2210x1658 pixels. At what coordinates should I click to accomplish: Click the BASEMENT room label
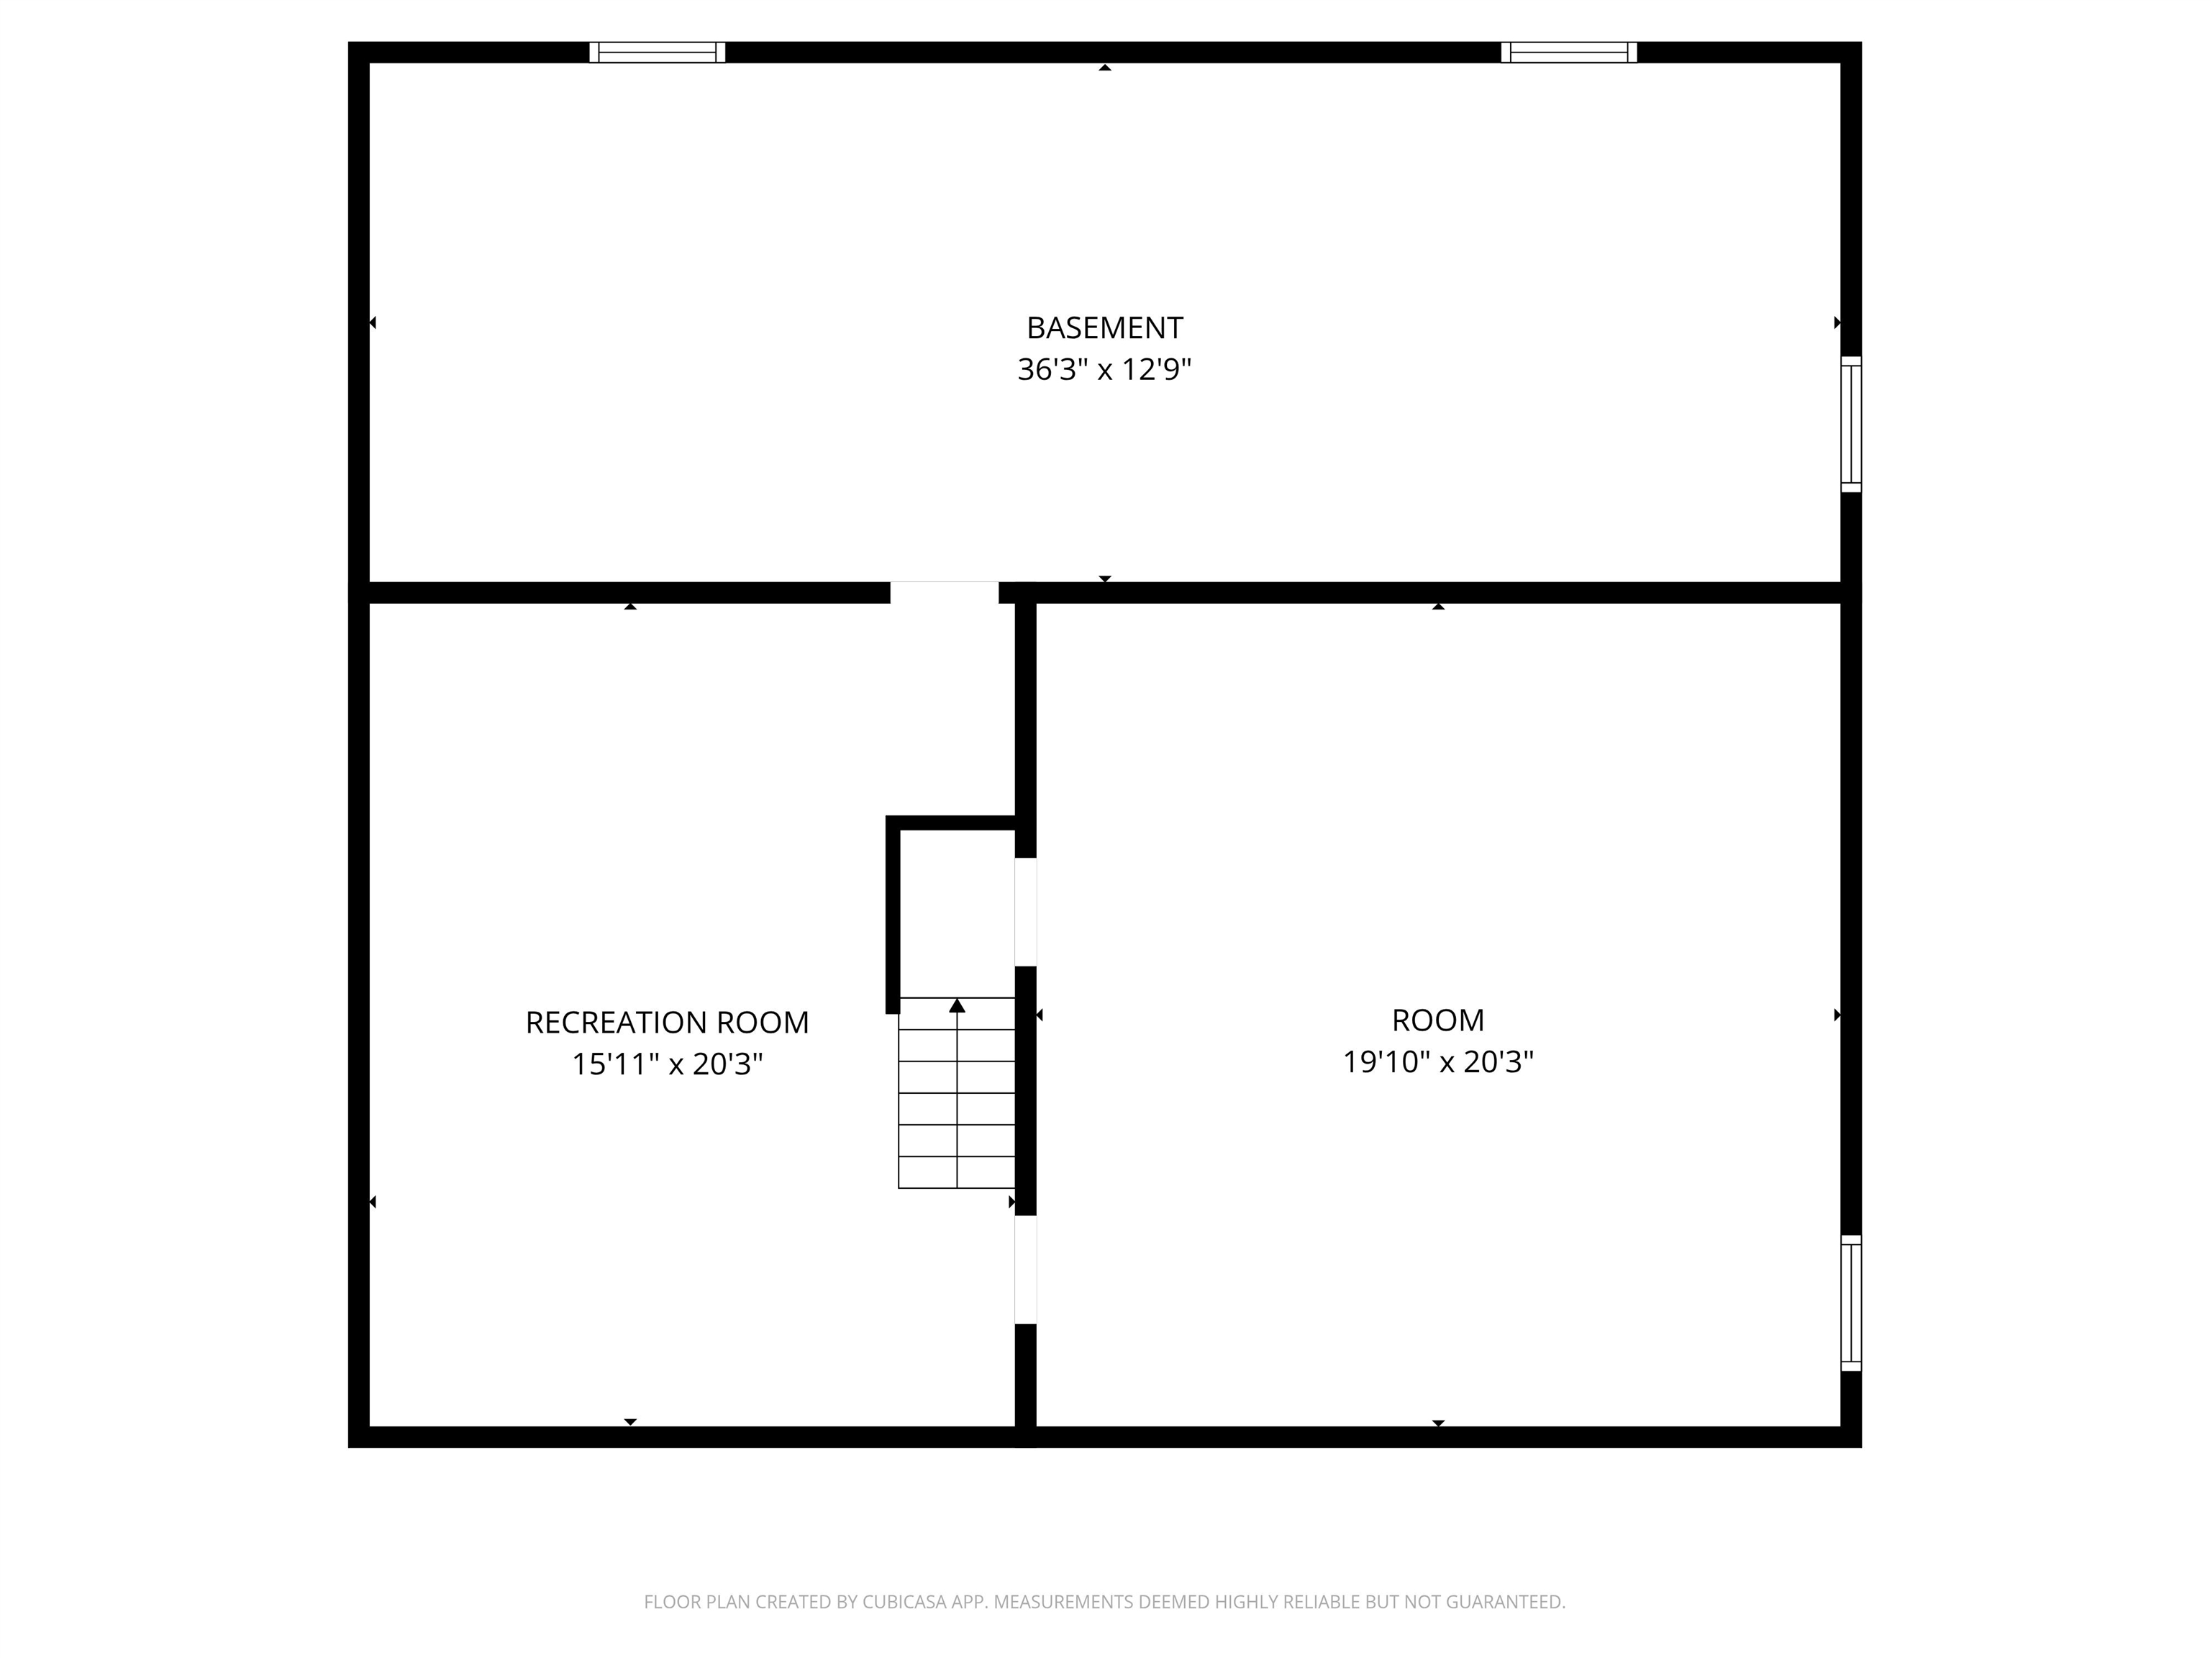(x=1104, y=328)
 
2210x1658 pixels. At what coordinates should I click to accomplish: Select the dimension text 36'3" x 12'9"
(x=1104, y=370)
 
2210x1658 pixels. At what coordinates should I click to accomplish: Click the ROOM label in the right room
(x=1437, y=1020)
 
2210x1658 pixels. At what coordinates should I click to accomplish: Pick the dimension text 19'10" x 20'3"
(x=1437, y=1061)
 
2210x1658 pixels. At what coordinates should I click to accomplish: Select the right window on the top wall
(x=1568, y=52)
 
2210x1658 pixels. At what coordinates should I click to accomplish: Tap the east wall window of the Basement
(x=1850, y=424)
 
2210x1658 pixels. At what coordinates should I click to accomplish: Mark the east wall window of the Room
(x=1850, y=1303)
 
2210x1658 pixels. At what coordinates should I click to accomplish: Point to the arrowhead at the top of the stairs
(x=957, y=1005)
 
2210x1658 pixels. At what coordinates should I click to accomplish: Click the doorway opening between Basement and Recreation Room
(x=944, y=593)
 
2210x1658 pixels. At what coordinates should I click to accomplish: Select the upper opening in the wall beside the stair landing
(x=1025, y=912)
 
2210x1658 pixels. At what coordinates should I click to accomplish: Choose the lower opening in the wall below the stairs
(x=1025, y=1269)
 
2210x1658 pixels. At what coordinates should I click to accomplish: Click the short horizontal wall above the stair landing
(x=951, y=823)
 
